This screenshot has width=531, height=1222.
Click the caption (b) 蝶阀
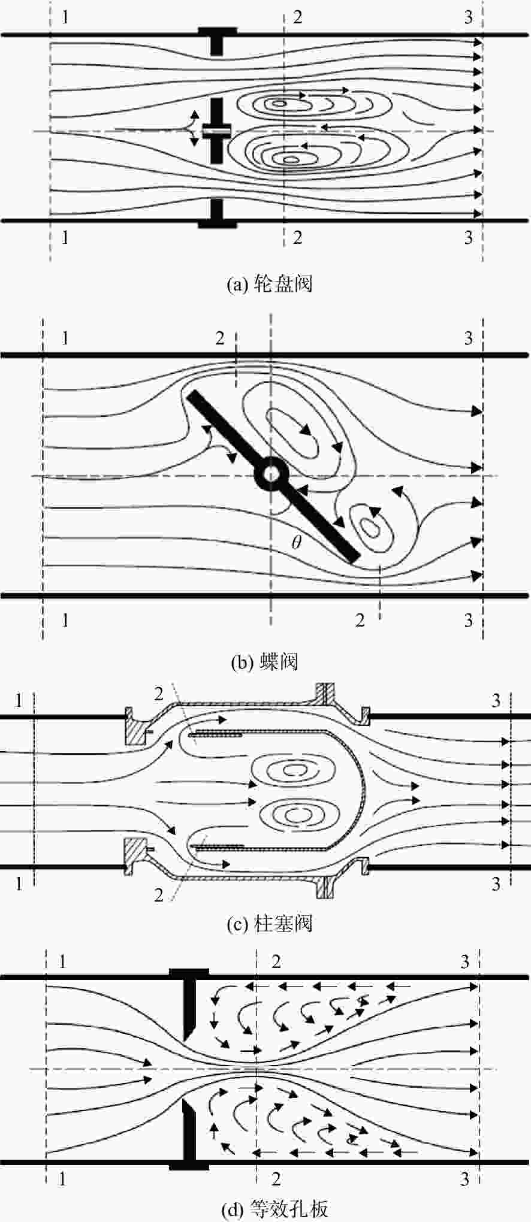tap(264, 662)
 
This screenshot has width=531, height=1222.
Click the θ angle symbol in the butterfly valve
tap(297, 543)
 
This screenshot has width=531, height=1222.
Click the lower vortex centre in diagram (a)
tap(291, 159)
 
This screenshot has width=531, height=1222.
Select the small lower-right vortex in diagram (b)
tap(372, 527)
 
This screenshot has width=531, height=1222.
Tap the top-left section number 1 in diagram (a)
tap(65, 16)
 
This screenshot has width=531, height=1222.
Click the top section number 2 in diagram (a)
tap(297, 16)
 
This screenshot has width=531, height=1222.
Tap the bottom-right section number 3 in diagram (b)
tap(469, 619)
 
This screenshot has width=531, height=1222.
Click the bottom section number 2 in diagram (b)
tap(360, 620)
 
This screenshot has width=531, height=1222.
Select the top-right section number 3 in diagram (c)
tap(496, 700)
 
